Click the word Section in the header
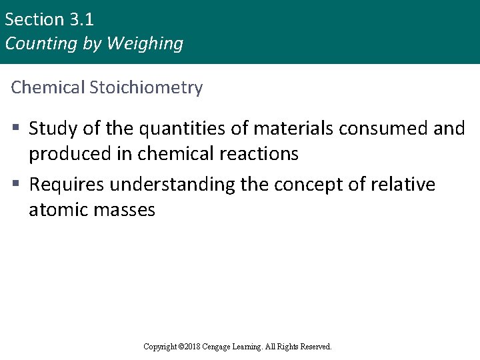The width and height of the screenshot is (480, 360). (x=33, y=19)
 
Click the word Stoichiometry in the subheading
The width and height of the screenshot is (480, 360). (x=146, y=87)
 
